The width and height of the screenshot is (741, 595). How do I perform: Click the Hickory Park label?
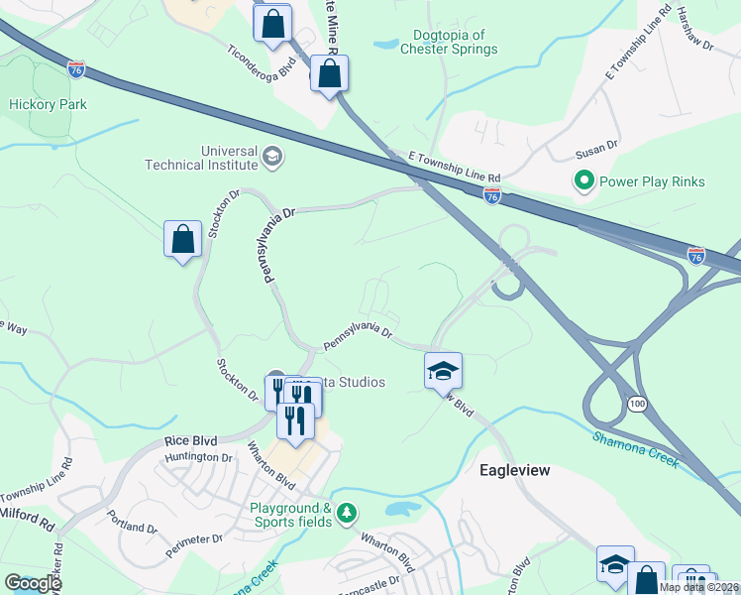pos(48,104)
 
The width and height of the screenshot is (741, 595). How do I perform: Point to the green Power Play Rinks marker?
pos(584,180)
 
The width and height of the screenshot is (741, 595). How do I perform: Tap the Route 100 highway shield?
pos(636,403)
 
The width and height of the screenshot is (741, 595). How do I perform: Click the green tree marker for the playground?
pos(346,513)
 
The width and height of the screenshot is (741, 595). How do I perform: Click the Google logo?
pos(32,582)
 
